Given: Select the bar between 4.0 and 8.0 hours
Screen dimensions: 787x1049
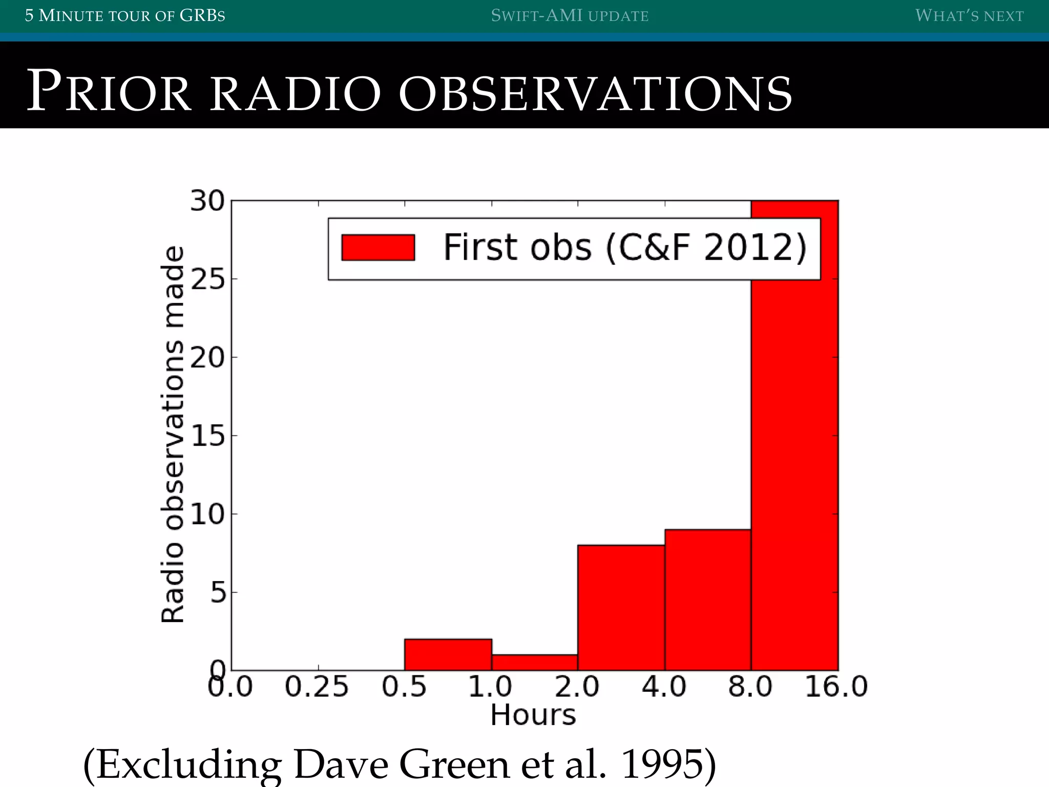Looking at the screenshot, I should coord(708,599).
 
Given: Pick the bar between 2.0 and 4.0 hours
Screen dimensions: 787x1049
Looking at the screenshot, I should coord(621,608).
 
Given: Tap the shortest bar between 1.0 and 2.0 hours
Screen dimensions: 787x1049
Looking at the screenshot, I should coord(535,662).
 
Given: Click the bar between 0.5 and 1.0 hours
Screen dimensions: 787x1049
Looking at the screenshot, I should coord(448,654).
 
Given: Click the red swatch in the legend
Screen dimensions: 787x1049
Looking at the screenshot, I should coord(378,248).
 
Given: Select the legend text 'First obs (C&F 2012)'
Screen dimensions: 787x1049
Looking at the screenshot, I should coord(625,248).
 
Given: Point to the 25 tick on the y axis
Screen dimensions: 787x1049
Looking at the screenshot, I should coord(207,280).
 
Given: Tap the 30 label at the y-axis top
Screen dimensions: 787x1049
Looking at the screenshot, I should coord(207,201).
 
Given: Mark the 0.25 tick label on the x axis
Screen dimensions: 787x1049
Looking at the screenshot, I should coord(317,687).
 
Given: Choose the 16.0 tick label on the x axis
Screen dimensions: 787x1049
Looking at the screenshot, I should coord(836,687).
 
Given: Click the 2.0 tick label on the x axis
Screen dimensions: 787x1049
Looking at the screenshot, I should coord(577,687).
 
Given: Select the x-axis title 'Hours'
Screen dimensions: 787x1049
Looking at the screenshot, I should coord(533,715).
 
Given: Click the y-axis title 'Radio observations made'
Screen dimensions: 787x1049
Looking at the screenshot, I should coord(173,434).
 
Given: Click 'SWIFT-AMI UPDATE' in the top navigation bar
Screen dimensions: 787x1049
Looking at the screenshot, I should coord(570,16).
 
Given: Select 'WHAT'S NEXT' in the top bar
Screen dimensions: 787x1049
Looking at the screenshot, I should coord(969,16).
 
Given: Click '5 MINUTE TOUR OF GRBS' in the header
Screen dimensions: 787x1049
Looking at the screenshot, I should coord(125,16).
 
